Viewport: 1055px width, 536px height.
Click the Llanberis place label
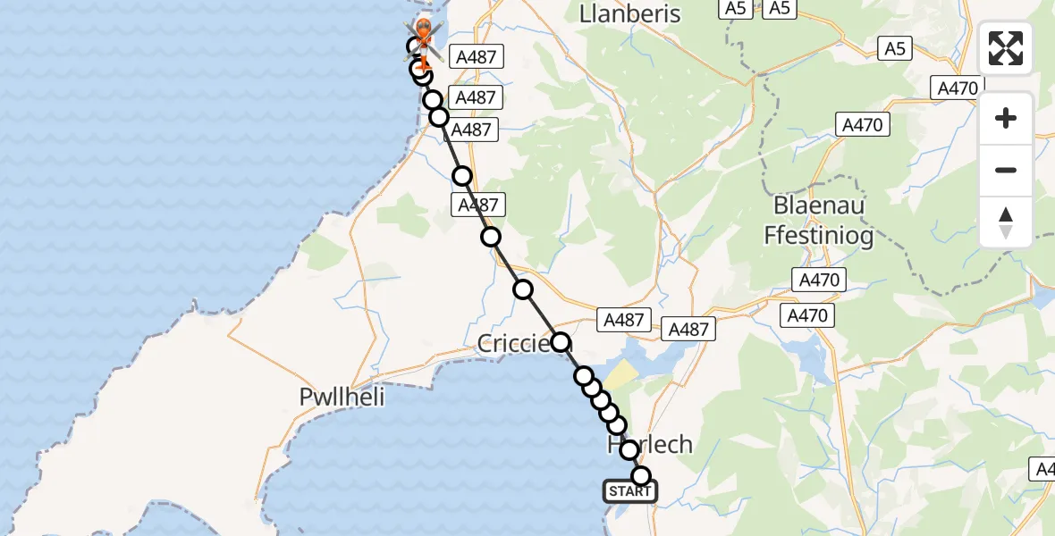(629, 14)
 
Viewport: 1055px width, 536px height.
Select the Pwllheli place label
(342, 397)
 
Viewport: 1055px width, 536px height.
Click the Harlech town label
(649, 445)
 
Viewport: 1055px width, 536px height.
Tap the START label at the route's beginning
(630, 491)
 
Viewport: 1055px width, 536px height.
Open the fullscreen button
(1006, 48)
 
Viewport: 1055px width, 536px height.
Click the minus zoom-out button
(1006, 170)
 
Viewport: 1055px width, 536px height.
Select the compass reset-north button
(1006, 222)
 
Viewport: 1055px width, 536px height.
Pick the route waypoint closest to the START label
(640, 476)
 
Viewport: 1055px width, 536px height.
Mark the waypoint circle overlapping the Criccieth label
(560, 341)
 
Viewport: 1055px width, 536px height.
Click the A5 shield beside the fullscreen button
(893, 48)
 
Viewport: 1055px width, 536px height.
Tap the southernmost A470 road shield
(807, 315)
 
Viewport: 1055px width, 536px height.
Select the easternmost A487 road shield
(688, 329)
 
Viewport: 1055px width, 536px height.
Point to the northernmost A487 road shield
(475, 58)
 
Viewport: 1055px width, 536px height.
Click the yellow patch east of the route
(623, 373)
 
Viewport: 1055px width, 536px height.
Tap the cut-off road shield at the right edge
(1044, 468)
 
